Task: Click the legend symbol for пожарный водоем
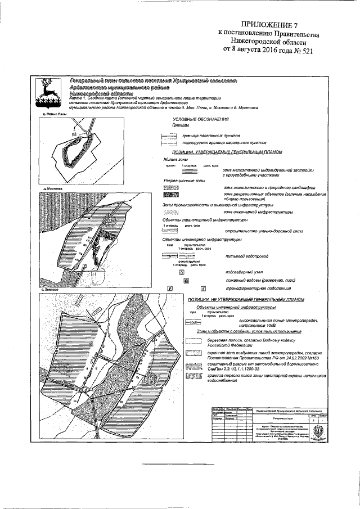186,280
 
